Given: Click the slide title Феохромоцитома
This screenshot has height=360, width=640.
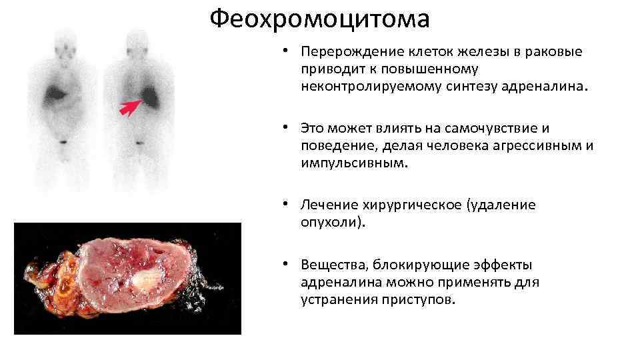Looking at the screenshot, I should (x=319, y=20).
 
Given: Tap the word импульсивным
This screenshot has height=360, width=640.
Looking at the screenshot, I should (x=351, y=162).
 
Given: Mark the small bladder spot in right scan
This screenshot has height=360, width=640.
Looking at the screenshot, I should (x=139, y=142).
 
